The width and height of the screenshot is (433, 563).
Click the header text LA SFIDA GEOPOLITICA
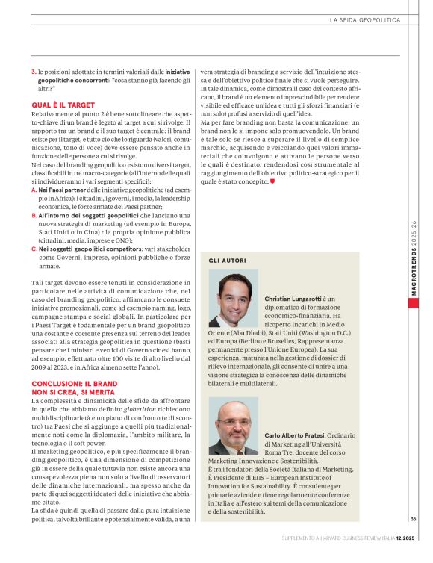[366, 19]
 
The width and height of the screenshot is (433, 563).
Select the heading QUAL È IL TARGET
[63, 105]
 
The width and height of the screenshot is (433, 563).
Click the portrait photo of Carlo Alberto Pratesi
[233, 426]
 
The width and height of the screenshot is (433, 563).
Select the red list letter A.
[34, 190]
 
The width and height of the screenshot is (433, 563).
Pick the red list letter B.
[34, 215]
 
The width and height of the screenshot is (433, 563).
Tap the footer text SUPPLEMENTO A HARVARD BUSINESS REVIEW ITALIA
[333, 557]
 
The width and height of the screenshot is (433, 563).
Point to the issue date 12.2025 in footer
[406, 557]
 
